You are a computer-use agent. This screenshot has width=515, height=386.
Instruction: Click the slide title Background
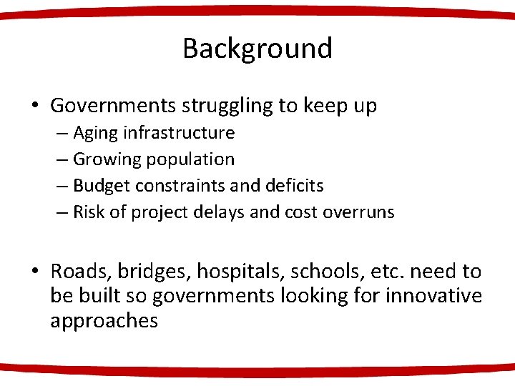pos(257,49)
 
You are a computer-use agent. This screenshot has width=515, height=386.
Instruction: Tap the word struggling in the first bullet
pos(228,107)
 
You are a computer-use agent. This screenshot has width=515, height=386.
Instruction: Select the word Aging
pos(95,133)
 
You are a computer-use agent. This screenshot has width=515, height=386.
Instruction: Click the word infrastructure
pos(179,133)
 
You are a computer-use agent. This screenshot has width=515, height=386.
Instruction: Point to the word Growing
pos(105,159)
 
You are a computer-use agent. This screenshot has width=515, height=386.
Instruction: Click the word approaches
pos(104,321)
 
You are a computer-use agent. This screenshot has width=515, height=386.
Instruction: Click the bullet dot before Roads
pos(34,272)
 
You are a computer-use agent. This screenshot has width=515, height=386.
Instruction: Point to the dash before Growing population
pos(62,159)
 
